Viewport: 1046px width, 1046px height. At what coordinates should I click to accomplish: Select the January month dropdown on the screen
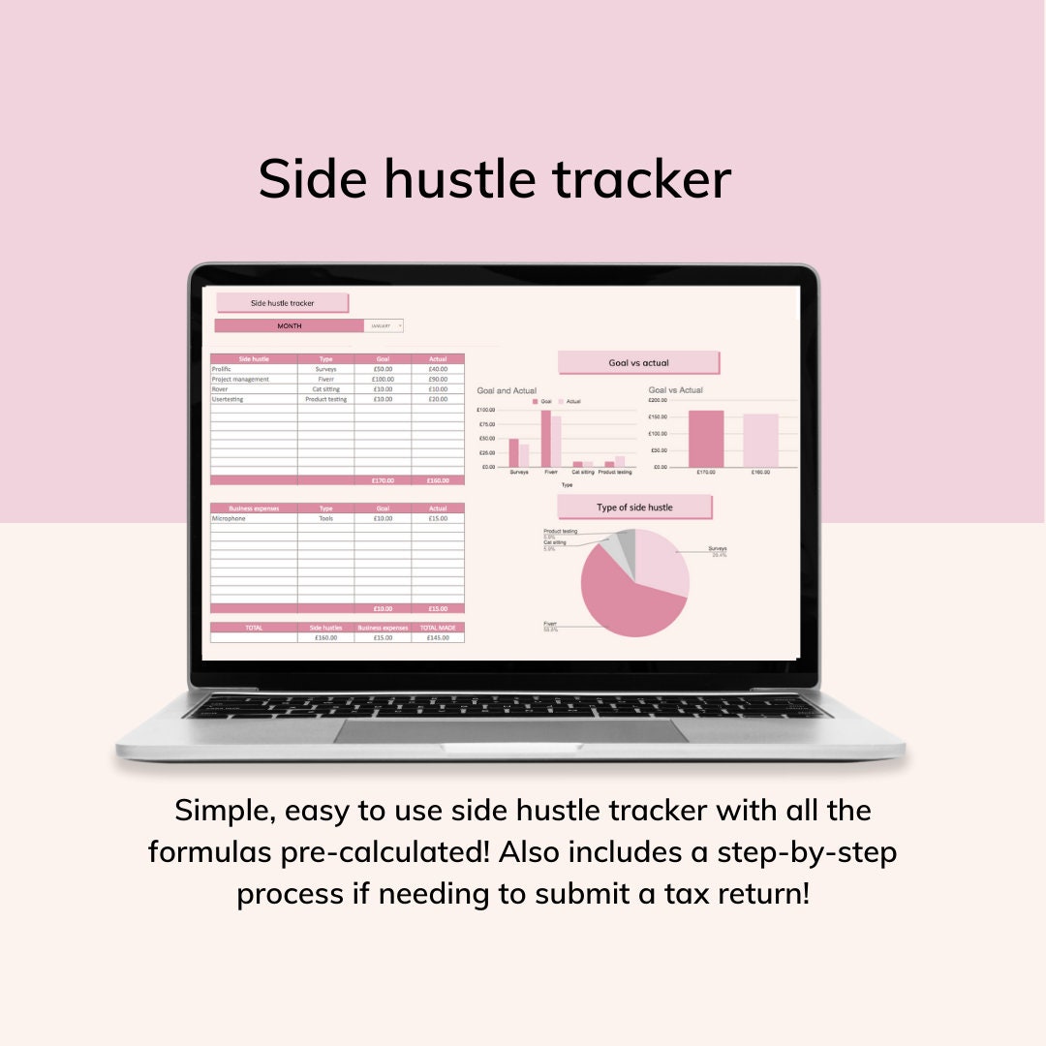click(x=384, y=326)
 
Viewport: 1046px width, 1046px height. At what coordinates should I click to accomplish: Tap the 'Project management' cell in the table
click(x=240, y=379)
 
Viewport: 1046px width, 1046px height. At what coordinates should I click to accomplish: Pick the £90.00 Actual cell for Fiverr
click(x=438, y=379)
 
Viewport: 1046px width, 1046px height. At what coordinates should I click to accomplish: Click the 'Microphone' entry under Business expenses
click(x=229, y=518)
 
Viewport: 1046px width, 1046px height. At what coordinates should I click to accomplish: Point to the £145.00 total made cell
click(x=438, y=637)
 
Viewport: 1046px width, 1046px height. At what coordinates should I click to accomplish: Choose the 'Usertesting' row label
click(x=229, y=398)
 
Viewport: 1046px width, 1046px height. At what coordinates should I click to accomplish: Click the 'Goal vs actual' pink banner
click(x=638, y=362)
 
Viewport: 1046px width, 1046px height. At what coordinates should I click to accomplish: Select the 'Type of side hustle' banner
click(x=634, y=507)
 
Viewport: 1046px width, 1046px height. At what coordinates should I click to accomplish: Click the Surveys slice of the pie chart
click(x=664, y=562)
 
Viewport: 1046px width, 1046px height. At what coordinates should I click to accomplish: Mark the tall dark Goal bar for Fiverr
click(x=545, y=439)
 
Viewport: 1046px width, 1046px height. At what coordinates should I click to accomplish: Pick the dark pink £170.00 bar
click(x=706, y=440)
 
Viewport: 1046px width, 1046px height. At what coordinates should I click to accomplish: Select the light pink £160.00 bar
click(x=760, y=442)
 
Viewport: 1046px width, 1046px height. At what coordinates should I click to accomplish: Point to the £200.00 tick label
click(x=659, y=400)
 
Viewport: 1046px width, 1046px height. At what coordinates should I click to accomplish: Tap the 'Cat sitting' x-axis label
click(x=583, y=472)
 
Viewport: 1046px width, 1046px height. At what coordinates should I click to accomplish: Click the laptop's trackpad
click(x=510, y=731)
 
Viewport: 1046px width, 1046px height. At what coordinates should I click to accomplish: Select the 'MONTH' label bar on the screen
click(x=289, y=326)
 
